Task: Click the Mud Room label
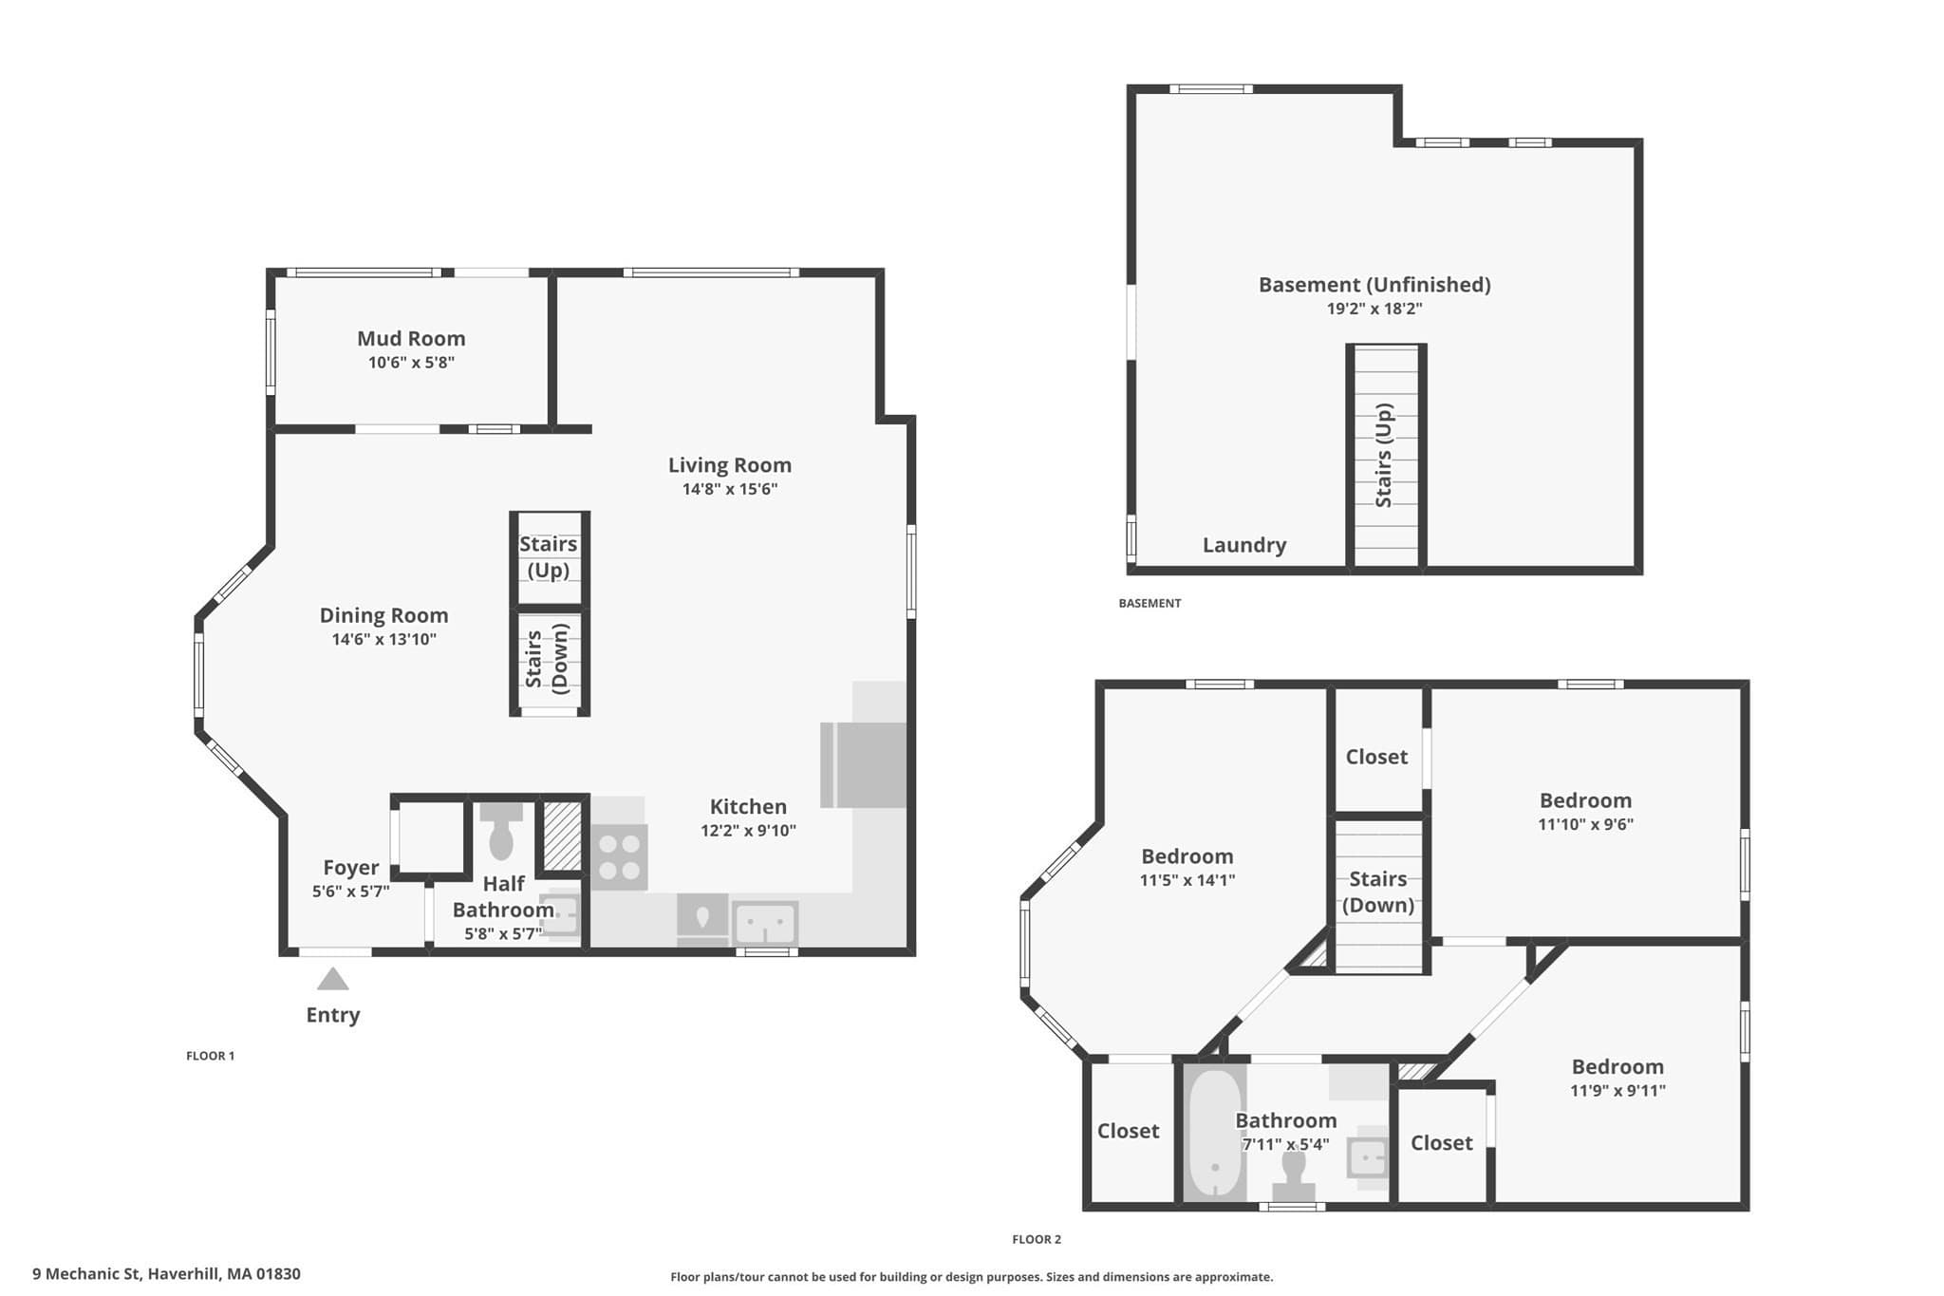411,339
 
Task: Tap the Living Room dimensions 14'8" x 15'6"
729,489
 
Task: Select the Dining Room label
383,615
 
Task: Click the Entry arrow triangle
332,979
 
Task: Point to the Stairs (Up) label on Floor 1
549,557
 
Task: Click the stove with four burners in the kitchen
619,856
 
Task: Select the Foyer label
350,868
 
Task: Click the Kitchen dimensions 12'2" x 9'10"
748,831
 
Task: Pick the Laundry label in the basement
1244,545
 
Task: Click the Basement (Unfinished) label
1374,285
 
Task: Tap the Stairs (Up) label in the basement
1385,456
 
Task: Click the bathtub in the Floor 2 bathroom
1215,1134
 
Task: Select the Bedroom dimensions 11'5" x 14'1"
1187,880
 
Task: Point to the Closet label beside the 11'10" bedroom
1376,757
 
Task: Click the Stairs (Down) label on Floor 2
1378,892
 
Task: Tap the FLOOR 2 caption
1037,1239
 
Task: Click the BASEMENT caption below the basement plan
1150,603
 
